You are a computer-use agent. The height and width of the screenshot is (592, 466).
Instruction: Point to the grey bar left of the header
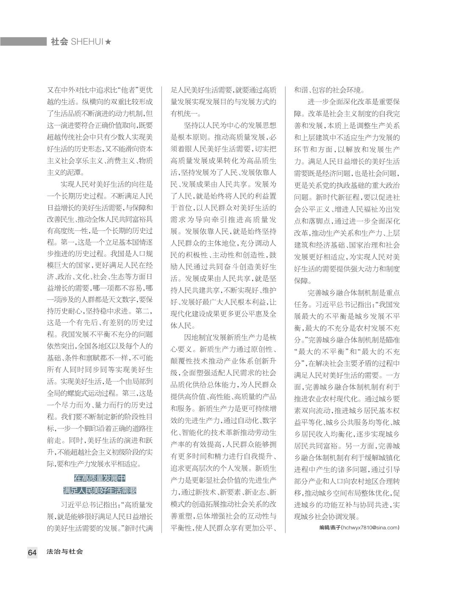click(x=23, y=41)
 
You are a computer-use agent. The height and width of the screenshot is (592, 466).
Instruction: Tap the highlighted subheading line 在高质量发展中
click(x=100, y=479)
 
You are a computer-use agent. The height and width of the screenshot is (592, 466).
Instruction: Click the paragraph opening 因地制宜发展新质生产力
click(x=224, y=337)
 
